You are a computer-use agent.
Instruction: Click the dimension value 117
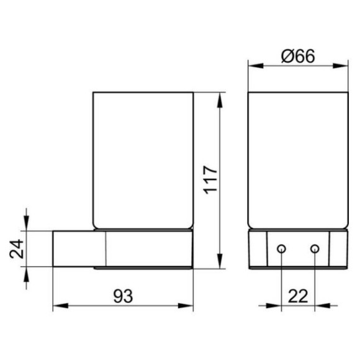[210, 179]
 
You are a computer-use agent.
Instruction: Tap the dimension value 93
[123, 296]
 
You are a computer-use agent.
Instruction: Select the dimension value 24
[17, 249]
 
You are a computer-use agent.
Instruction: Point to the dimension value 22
[298, 296]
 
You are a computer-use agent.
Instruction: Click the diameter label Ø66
[298, 56]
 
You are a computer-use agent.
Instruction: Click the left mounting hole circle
[281, 249]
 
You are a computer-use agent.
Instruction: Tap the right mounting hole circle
[315, 249]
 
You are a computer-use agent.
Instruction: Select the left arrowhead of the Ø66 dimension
[256, 66]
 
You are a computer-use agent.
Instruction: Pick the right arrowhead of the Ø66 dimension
[341, 66]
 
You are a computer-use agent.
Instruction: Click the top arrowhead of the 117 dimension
[220, 100]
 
